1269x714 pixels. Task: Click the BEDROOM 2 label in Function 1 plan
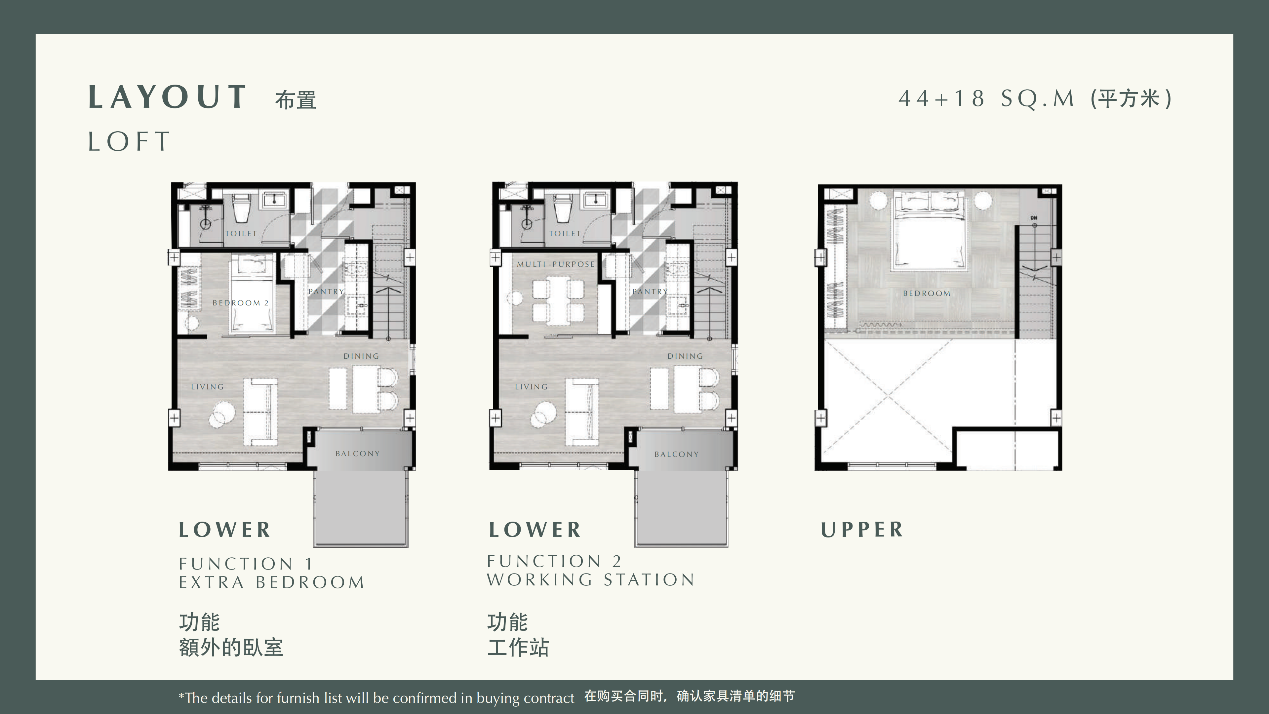pyautogui.click(x=240, y=302)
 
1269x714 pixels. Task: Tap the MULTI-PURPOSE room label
pyautogui.click(x=556, y=264)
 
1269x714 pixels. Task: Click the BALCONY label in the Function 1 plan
pyautogui.click(x=358, y=453)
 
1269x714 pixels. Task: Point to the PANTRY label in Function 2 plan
pyautogui.click(x=650, y=291)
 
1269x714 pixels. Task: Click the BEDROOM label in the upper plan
pyautogui.click(x=927, y=293)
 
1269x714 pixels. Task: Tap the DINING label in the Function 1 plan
pyautogui.click(x=361, y=356)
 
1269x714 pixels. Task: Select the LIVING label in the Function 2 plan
pyautogui.click(x=531, y=387)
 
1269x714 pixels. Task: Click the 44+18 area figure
pyautogui.click(x=941, y=99)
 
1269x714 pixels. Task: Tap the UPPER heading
pyautogui.click(x=862, y=530)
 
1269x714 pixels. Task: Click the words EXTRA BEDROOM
pyautogui.click(x=271, y=582)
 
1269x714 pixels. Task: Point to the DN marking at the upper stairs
pyautogui.click(x=1034, y=218)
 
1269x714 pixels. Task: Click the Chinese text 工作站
pyautogui.click(x=518, y=648)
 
